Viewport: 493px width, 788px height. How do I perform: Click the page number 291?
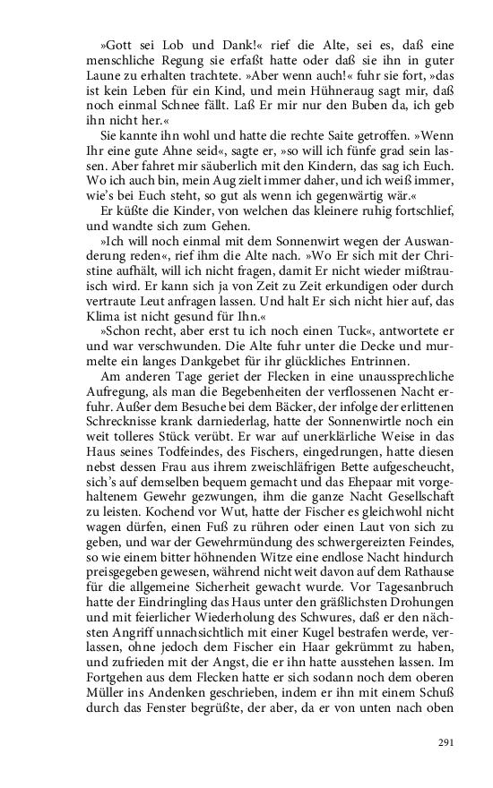click(x=447, y=741)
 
